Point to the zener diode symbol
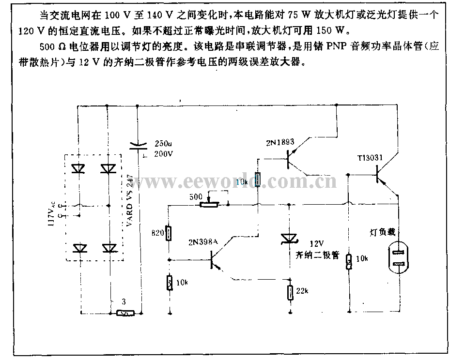click(289, 238)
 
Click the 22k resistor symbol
click(290, 292)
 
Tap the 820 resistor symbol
click(169, 233)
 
